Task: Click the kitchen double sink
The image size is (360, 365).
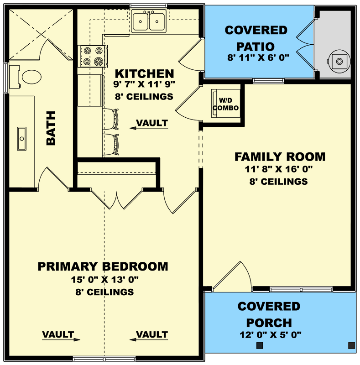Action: tap(149, 21)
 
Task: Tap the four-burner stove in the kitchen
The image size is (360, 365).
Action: tap(93, 56)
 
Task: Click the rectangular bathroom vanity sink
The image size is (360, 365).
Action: tap(21, 139)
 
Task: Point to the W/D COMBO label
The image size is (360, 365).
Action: tap(226, 104)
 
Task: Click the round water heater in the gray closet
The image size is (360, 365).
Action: tap(339, 62)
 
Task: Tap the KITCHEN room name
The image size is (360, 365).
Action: tap(144, 73)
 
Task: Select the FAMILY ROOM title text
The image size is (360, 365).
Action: tap(280, 156)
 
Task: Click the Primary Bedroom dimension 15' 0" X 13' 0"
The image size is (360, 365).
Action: tap(105, 279)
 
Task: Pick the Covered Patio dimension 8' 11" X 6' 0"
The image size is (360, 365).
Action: tap(258, 57)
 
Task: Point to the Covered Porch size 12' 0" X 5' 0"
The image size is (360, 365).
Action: tap(271, 335)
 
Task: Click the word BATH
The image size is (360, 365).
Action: tap(51, 128)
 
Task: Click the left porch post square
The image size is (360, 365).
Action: tap(260, 345)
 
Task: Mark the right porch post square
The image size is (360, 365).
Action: tap(352, 345)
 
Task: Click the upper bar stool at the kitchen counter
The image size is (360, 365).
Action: tap(111, 119)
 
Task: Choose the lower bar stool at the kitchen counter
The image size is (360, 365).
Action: tap(111, 145)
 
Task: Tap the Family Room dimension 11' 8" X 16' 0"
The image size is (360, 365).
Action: tap(278, 169)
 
